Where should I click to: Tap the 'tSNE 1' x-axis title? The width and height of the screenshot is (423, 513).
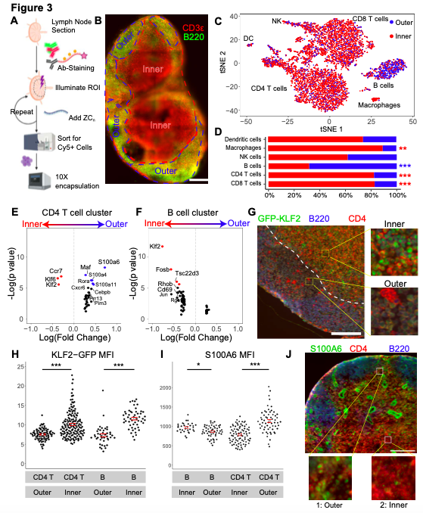pyautogui.click(x=329, y=128)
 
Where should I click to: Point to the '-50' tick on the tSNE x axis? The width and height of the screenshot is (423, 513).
pyautogui.click(x=245, y=120)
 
